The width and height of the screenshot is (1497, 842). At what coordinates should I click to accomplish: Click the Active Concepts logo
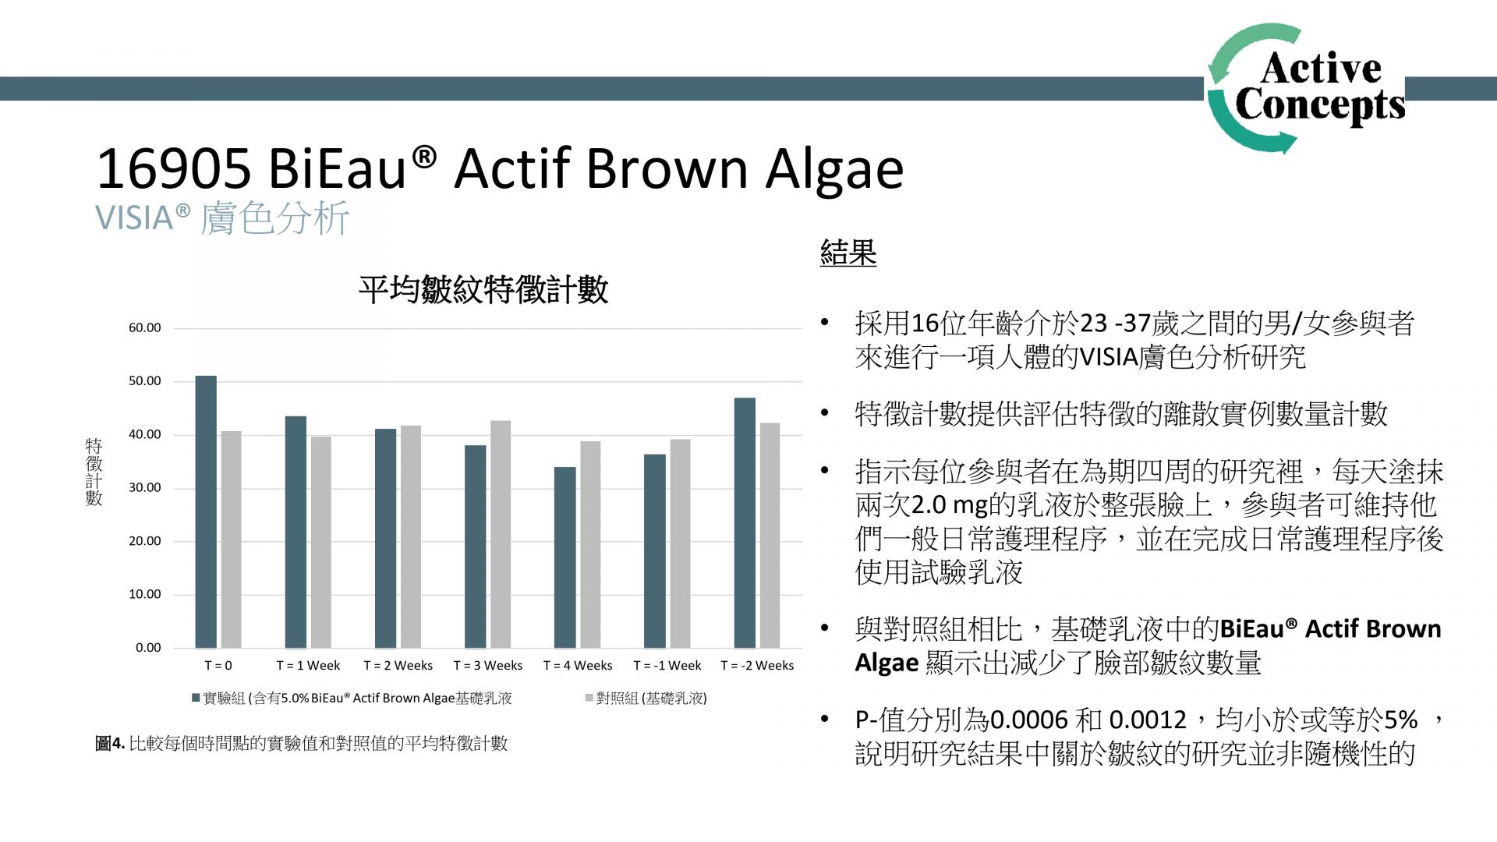point(1306,88)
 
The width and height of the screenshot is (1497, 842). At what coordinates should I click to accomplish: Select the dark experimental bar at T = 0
point(206,511)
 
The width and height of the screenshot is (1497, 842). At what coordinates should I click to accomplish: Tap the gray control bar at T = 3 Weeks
point(501,534)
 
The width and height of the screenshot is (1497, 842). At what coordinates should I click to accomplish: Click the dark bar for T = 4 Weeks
point(565,557)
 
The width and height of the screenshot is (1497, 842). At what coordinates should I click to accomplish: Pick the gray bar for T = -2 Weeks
point(770,536)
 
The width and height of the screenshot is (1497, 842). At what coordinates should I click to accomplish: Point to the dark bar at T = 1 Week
point(296,532)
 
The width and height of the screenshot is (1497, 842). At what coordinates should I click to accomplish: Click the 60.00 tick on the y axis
point(145,328)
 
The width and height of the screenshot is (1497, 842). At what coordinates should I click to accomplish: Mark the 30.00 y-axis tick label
point(145,488)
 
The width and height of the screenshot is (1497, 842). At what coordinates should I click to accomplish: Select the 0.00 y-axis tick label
point(148,648)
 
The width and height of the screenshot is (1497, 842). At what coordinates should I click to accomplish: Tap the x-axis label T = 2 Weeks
point(398,666)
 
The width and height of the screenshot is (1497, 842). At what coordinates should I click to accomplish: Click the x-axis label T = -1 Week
point(667,666)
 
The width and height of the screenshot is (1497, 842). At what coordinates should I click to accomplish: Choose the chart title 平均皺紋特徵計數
point(483,290)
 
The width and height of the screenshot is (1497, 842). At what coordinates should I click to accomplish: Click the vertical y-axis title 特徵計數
point(94,472)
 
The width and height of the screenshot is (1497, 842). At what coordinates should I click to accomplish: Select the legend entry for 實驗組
point(352,699)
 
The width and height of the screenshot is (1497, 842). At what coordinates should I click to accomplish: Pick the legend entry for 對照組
point(646,699)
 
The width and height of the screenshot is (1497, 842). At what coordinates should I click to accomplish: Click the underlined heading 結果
point(848,253)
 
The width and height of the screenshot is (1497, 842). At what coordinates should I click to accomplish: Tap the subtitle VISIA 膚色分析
point(222,218)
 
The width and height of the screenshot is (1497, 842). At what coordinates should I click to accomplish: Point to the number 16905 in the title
point(174,168)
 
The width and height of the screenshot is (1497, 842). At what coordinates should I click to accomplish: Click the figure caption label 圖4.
point(110,744)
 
